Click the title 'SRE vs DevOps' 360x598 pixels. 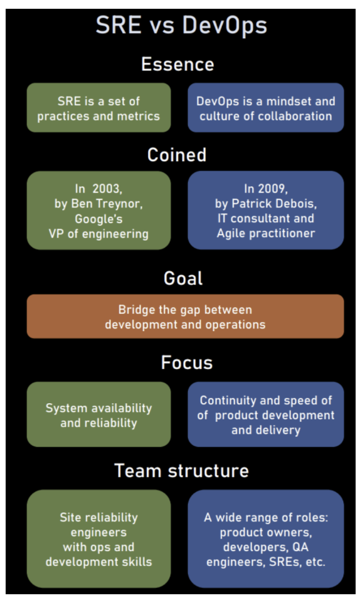(181, 26)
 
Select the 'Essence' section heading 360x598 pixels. (177, 64)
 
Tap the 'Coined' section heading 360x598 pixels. (177, 154)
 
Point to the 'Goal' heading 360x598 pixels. (183, 278)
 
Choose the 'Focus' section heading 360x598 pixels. (187, 362)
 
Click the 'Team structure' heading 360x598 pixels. (181, 470)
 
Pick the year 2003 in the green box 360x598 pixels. (107, 189)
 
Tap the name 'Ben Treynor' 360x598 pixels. (107, 204)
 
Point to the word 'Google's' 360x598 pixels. (99, 219)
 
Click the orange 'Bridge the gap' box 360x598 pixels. (185, 316)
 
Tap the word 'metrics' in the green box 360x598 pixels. (138, 116)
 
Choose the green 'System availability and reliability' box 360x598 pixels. (99, 414)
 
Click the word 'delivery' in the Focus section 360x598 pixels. (277, 430)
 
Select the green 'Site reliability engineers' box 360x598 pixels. (99, 539)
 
